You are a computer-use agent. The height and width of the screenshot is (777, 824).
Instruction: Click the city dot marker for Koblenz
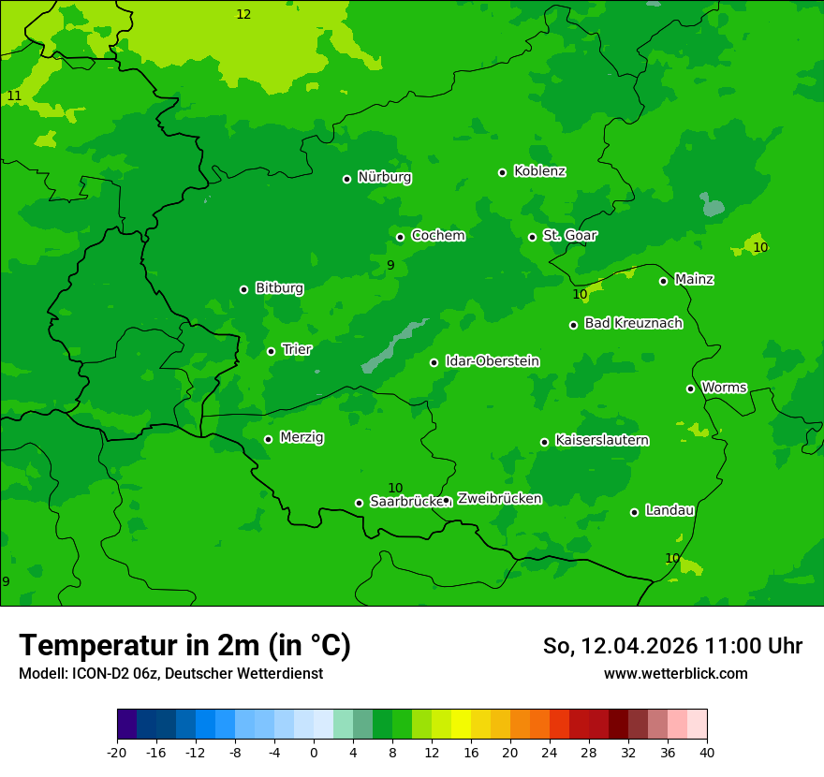click(502, 172)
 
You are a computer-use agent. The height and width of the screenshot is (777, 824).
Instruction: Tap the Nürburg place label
click(384, 177)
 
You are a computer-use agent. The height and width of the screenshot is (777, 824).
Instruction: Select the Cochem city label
click(437, 236)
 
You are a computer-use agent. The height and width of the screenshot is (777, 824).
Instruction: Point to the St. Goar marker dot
click(532, 237)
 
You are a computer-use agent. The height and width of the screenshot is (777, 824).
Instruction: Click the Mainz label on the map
click(694, 280)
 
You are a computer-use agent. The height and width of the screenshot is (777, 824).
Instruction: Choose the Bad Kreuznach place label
click(633, 323)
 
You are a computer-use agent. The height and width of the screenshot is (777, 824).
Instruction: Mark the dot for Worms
click(690, 388)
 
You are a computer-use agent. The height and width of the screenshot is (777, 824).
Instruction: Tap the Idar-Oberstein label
click(492, 361)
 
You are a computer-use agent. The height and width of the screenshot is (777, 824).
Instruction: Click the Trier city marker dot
click(271, 351)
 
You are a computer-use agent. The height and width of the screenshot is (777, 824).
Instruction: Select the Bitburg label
click(279, 288)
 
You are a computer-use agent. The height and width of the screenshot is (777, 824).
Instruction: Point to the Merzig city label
click(302, 437)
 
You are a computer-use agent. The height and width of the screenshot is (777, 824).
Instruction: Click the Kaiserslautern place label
click(602, 440)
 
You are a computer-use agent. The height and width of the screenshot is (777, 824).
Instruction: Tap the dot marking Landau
click(634, 512)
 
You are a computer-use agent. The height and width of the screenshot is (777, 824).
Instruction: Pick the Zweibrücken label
click(499, 499)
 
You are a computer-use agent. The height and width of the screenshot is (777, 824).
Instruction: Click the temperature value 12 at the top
click(243, 14)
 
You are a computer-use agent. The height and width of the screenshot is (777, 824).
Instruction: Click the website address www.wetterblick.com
click(675, 674)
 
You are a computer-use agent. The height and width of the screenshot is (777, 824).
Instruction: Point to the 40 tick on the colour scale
click(707, 753)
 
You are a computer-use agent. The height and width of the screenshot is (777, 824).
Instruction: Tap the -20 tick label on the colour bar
click(117, 753)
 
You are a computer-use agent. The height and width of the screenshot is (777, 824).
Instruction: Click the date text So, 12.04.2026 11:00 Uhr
click(672, 646)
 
